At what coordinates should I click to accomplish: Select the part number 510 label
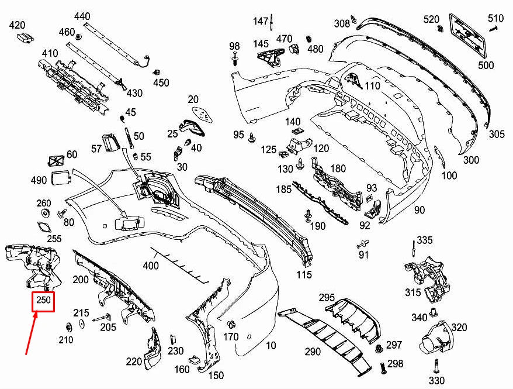coord(495,18)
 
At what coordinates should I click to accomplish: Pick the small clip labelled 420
coord(25,38)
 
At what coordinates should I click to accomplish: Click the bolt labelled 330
coord(436,367)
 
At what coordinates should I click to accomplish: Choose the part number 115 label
coord(304,274)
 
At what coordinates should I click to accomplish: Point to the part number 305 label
coord(497,135)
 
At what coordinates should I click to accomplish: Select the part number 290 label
coord(313,352)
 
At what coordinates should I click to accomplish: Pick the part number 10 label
coord(271,346)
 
